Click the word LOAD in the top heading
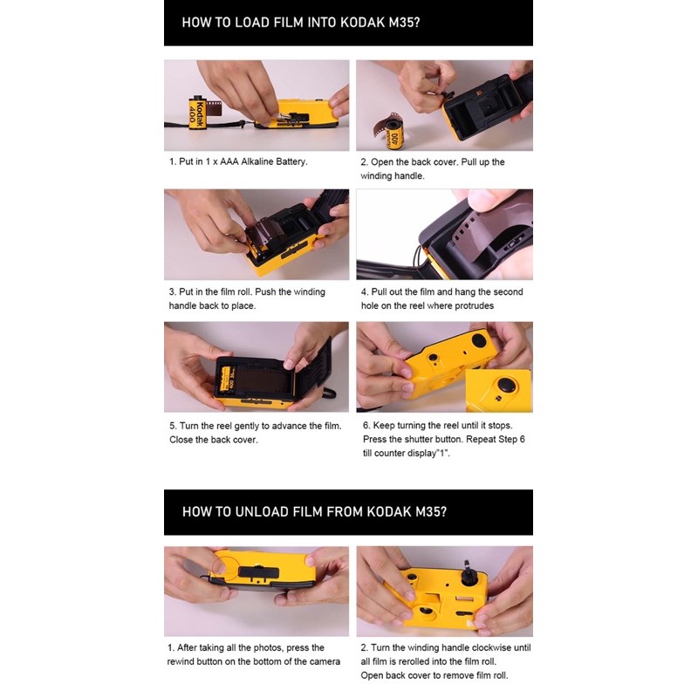point(252,23)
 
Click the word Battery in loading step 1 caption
point(290,161)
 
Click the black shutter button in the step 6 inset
point(507,385)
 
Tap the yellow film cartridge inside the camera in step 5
point(226,380)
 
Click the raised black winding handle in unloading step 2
point(468,573)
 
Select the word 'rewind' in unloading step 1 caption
point(181,661)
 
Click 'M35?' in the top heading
point(404,23)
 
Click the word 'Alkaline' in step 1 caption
point(257,161)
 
